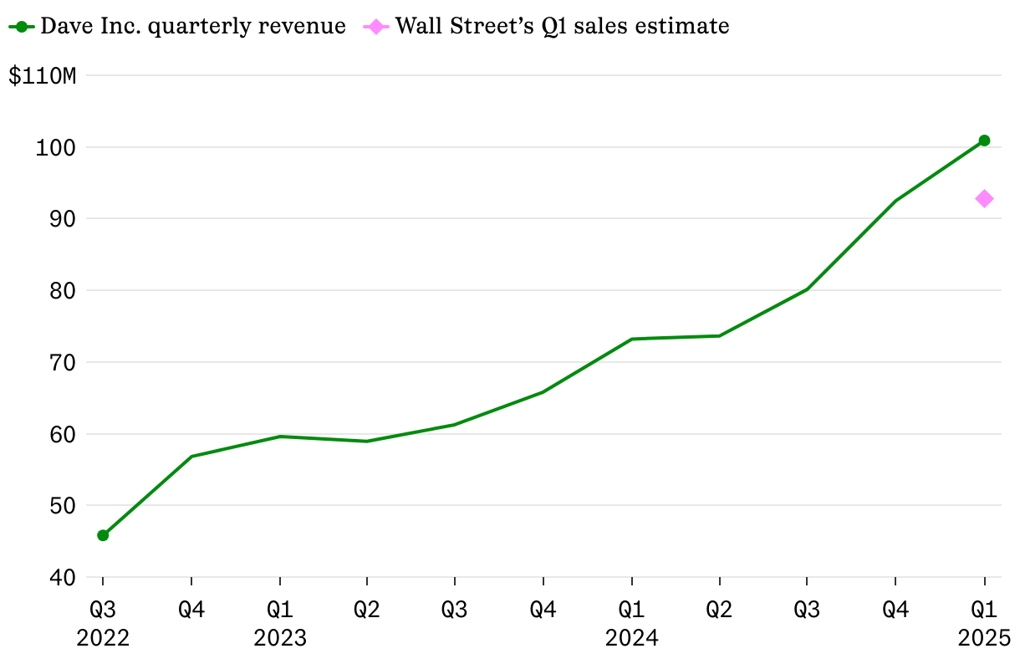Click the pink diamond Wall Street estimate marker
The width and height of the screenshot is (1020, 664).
coord(984,198)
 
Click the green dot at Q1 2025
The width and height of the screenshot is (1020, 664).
coord(984,140)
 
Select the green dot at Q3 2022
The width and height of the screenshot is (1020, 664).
coord(103,535)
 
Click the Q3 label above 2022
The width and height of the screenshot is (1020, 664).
coord(103,610)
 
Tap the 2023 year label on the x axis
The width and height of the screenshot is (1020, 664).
coord(279,639)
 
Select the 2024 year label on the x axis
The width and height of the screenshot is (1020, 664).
coord(631,639)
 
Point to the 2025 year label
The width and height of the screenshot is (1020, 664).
coord(984,639)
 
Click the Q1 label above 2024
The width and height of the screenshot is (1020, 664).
coord(631,610)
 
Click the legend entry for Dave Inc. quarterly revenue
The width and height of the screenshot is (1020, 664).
coord(192,26)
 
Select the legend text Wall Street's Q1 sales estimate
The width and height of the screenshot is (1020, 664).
coord(562,26)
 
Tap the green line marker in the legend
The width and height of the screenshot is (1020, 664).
coord(22,27)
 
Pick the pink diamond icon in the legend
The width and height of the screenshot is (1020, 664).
coord(376,27)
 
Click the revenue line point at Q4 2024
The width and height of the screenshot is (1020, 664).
coord(895,201)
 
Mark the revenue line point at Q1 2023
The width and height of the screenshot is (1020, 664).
coord(279,437)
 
